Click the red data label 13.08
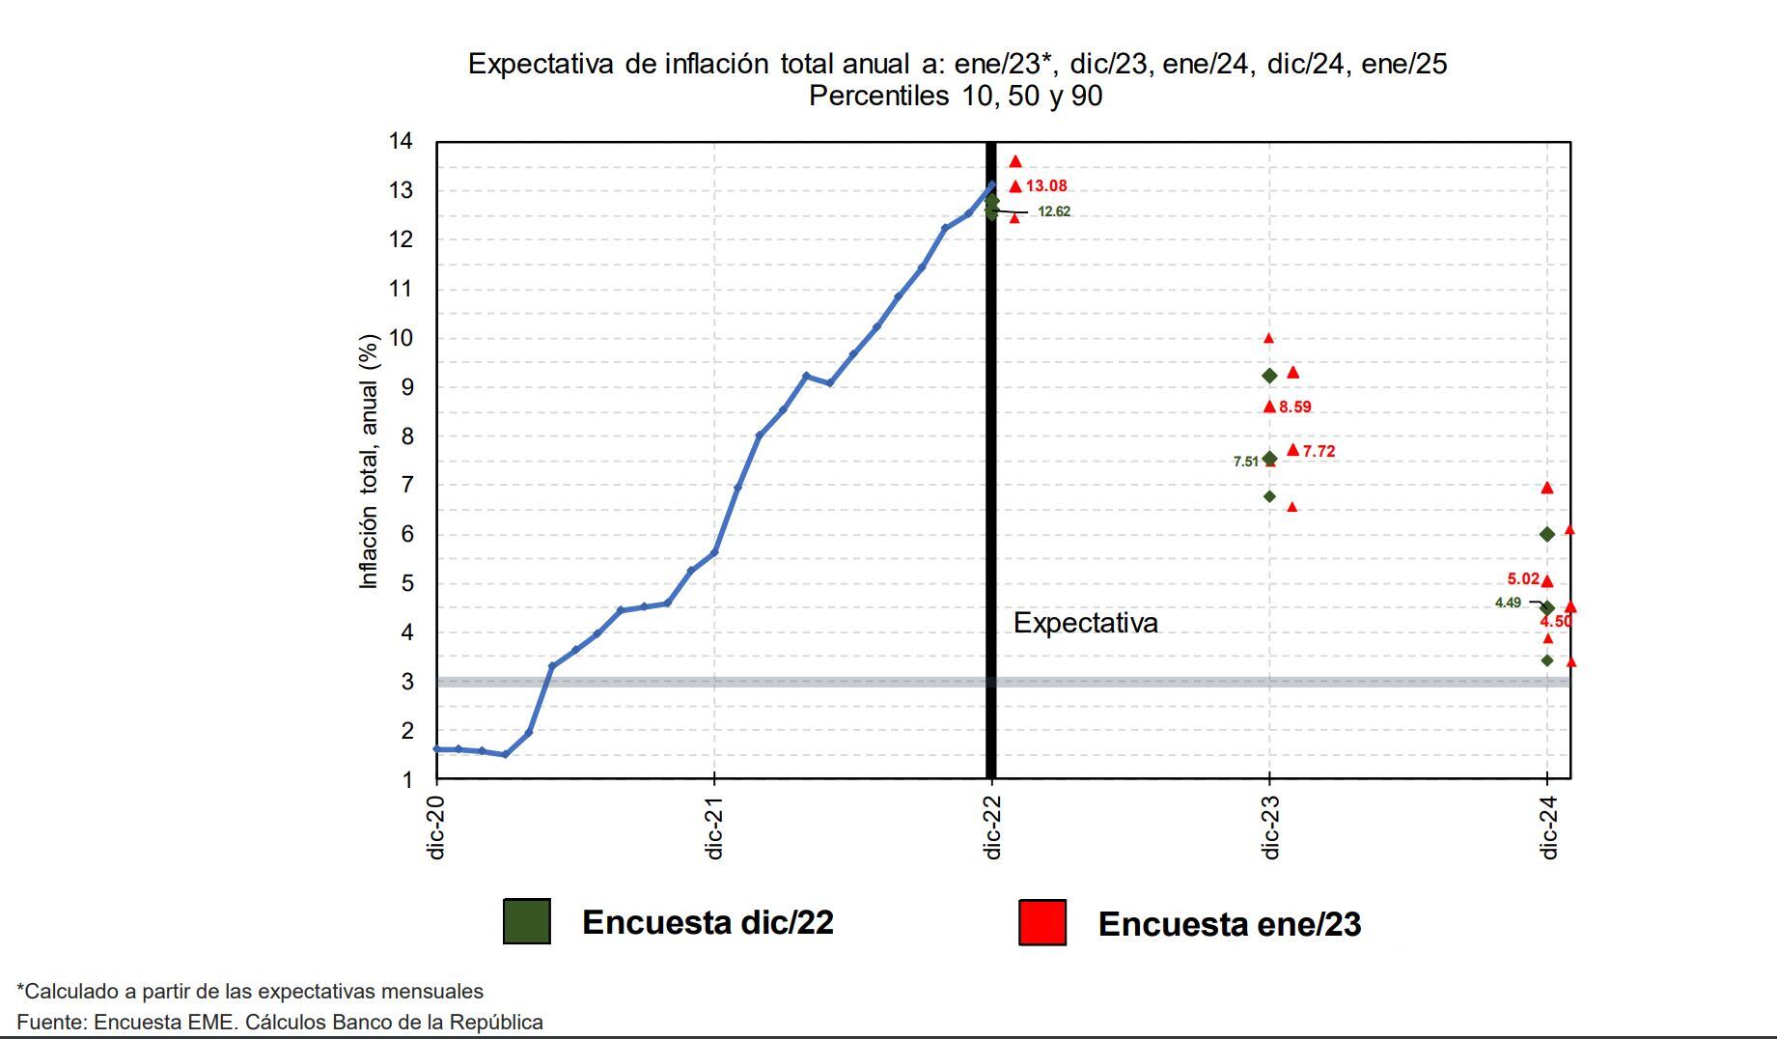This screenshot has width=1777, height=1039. [1046, 186]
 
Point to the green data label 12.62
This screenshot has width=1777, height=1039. [1054, 212]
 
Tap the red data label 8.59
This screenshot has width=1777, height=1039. [1295, 407]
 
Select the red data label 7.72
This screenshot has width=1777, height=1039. [1319, 452]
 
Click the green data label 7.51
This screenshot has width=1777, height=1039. [1246, 462]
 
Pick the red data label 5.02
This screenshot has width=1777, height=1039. [1523, 579]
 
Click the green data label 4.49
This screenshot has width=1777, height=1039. [1508, 604]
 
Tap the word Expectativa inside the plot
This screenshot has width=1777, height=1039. [1085, 624]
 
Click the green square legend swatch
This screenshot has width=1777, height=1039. [527, 921]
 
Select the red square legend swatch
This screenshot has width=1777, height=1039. [1042, 922]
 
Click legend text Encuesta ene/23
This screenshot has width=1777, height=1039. [1229, 924]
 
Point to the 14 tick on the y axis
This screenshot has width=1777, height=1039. [401, 142]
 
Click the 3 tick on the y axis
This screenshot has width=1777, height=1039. [407, 682]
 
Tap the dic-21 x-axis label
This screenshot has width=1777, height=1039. [714, 828]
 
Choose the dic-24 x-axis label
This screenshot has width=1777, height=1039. [1548, 828]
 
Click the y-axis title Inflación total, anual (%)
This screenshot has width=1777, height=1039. [368, 462]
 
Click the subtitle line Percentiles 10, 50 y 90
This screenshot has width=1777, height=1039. [956, 97]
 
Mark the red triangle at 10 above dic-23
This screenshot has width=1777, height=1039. [1268, 339]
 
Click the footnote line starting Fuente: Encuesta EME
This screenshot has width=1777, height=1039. [280, 1022]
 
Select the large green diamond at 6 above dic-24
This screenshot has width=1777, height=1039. [1547, 535]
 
